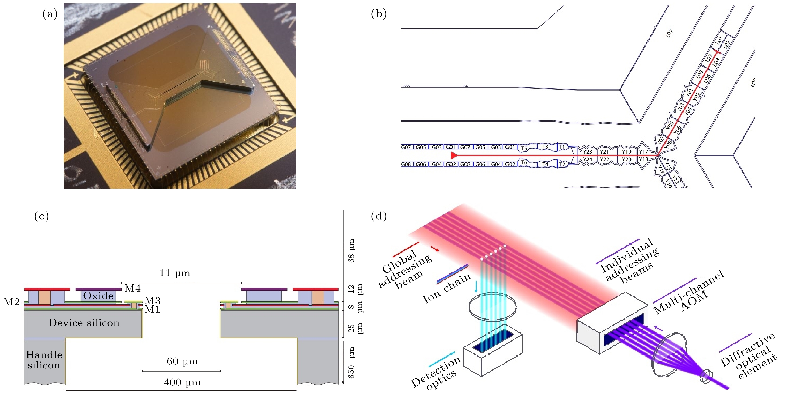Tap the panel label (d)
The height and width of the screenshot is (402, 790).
pyautogui.click(x=378, y=216)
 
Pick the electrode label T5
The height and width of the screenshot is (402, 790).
pyautogui.click(x=524, y=149)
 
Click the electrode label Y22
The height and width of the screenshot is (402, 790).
pyautogui.click(x=604, y=159)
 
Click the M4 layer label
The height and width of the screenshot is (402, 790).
pyautogui.click(x=132, y=288)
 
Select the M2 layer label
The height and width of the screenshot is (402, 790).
pyautogui.click(x=11, y=302)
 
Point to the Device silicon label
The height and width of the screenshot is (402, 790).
pyautogui.click(x=84, y=323)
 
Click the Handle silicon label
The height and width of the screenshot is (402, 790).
pyautogui.click(x=44, y=360)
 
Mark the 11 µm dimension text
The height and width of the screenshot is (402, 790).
pyautogui.click(x=174, y=273)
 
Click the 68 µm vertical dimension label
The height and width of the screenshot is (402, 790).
pyautogui.click(x=352, y=250)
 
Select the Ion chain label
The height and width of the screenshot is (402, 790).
pyautogui.click(x=446, y=288)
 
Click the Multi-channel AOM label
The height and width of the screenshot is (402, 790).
pyautogui.click(x=688, y=293)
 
